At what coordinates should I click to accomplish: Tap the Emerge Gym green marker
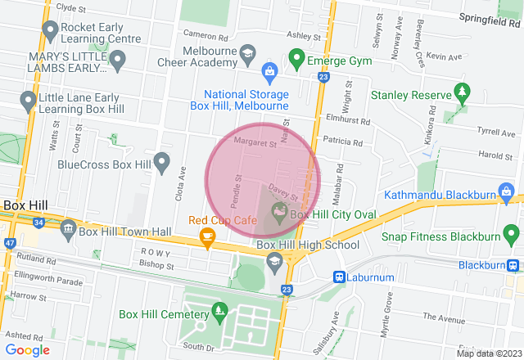[296, 59]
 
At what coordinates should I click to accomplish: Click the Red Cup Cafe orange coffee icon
[207, 237]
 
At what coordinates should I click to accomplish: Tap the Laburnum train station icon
[337, 277]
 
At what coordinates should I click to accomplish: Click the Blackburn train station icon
[513, 265]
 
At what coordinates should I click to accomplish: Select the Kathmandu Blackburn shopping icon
[507, 195]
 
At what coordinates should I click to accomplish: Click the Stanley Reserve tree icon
[463, 92]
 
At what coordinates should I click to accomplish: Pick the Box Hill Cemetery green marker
[219, 312]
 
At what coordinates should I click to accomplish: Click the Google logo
[27, 349]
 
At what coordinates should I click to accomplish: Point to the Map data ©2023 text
[487, 353]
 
